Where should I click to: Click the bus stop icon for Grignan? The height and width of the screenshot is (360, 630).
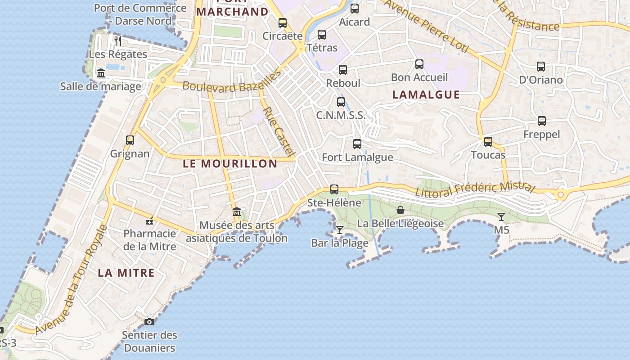[x=130, y=140]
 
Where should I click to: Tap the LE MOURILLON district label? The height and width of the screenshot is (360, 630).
[x=230, y=163]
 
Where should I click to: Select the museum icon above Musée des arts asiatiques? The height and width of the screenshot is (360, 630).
[x=236, y=211]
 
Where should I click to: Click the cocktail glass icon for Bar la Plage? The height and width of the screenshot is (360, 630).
[x=340, y=230]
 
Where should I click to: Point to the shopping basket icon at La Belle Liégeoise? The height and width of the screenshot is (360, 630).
[x=400, y=210]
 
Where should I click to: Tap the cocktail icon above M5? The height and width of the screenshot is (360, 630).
[x=501, y=217]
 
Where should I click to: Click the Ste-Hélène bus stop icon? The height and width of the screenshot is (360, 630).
[x=334, y=189]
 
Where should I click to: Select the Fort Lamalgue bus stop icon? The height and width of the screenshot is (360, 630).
[x=357, y=144]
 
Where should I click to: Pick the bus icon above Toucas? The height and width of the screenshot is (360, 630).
[x=488, y=142]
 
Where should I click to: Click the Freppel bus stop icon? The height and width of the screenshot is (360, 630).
[x=542, y=121]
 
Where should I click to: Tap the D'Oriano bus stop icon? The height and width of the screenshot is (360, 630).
[x=541, y=67]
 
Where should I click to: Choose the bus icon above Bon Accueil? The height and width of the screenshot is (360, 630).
[x=419, y=64]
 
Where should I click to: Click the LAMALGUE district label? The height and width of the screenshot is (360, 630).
[x=426, y=94]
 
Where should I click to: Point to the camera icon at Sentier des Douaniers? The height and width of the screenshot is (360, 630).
[x=149, y=322]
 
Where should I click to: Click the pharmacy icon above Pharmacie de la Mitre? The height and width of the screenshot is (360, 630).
[x=150, y=220]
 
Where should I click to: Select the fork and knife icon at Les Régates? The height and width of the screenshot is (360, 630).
[x=118, y=41]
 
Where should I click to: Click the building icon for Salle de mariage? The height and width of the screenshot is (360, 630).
[x=101, y=73]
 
